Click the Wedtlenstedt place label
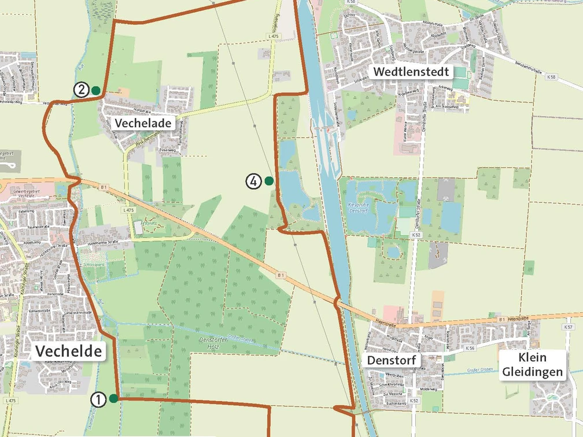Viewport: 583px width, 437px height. [411, 72]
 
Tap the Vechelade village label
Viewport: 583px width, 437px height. [142, 123]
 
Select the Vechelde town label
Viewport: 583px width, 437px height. [69, 351]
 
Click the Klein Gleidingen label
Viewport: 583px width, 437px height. [532, 365]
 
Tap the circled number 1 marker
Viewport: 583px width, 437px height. [98, 399]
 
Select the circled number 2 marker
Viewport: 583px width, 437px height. [81, 90]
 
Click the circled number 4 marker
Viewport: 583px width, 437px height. [253, 181]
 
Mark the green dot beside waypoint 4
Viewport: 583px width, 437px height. [269, 181]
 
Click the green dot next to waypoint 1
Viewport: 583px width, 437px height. [114, 398]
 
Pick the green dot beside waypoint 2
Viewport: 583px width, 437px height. [95, 90]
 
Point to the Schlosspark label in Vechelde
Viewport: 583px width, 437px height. [94, 264]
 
